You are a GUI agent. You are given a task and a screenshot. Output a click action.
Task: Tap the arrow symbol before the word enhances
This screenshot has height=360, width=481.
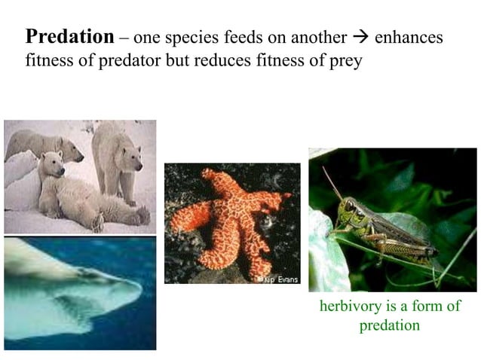tap(361, 37)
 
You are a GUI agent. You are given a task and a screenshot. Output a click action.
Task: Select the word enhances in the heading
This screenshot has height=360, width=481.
tap(409, 37)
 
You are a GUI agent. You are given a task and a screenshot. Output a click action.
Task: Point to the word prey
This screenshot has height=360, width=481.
tap(346, 60)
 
